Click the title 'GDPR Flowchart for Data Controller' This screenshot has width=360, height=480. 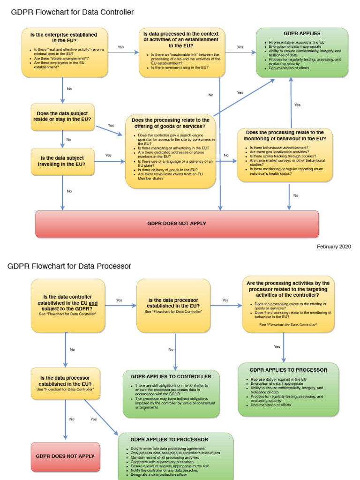point(72,12)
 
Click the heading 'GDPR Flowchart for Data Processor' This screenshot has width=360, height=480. point(69,266)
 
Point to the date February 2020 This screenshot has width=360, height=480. point(333,247)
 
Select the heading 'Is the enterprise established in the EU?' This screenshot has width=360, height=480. point(64,37)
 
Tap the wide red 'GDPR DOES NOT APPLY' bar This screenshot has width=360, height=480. point(177,224)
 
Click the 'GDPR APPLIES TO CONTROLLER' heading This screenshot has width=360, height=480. point(171,376)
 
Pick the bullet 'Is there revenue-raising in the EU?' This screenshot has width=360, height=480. point(180,67)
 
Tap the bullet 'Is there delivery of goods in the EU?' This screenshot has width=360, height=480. point(167,170)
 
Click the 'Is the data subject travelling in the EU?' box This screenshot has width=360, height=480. point(62,162)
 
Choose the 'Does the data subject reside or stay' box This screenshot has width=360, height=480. point(62,116)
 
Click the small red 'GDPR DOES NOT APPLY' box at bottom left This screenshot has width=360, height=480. point(65,456)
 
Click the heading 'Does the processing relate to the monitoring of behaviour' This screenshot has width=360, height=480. point(285,135)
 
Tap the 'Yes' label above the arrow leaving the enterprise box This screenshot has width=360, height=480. point(120,47)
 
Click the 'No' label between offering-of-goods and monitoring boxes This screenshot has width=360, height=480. point(226,155)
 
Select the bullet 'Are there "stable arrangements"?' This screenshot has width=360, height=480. point(61,58)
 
